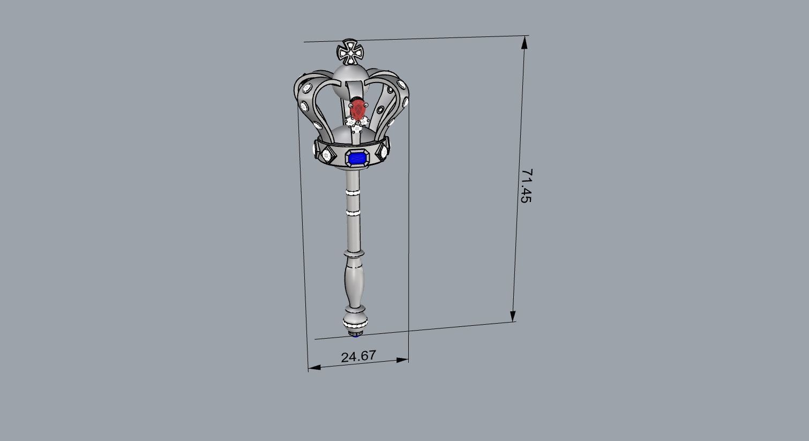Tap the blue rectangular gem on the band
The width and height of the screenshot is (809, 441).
[x=357, y=158]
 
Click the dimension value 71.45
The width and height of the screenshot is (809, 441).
[x=526, y=185]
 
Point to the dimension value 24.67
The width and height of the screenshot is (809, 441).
[x=358, y=356]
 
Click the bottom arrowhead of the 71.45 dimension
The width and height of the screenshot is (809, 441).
[x=513, y=316]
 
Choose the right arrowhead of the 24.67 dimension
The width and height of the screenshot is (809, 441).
[x=402, y=360]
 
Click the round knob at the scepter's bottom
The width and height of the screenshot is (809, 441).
[x=355, y=323]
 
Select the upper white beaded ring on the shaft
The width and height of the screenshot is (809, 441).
[x=353, y=191]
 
